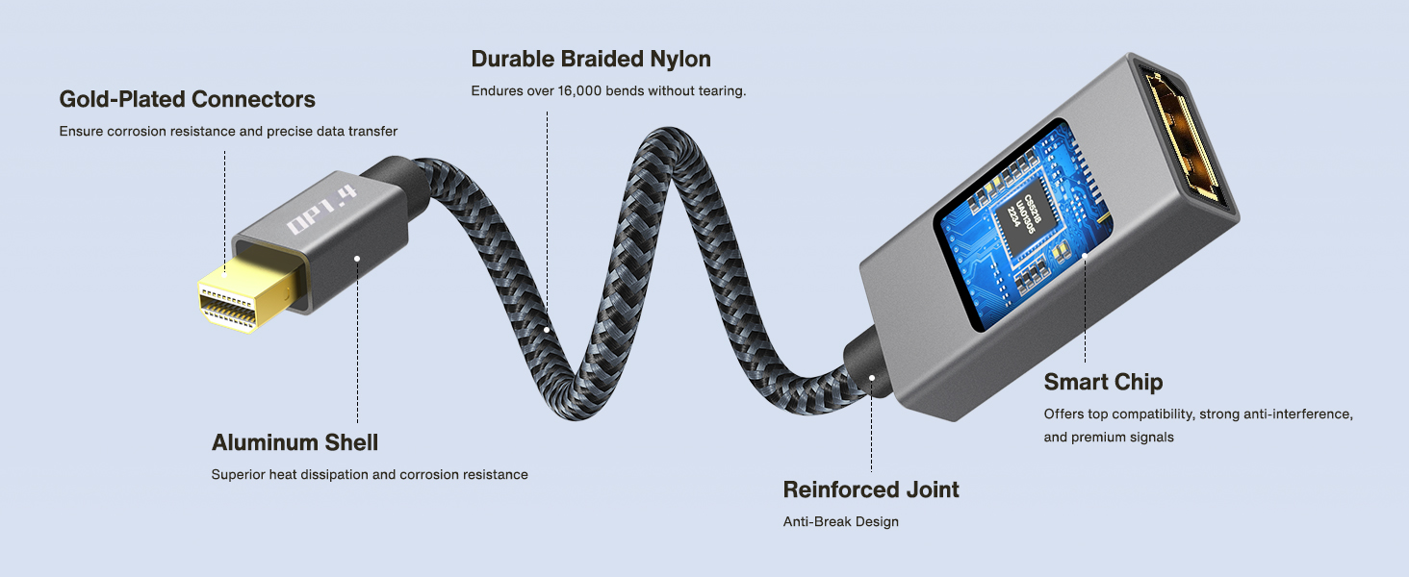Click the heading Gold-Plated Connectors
tap(187, 99)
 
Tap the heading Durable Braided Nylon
tap(591, 59)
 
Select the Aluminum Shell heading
tap(295, 442)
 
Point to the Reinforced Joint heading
tap(871, 489)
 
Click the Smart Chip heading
tap(1103, 382)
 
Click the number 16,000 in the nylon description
tap(579, 91)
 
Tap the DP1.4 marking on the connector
tap(320, 210)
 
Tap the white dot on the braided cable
tap(547, 330)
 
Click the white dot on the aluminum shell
tap(357, 259)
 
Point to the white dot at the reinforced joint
tap(872, 378)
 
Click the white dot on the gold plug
tap(224, 274)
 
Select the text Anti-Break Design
tap(840, 521)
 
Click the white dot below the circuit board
tap(1085, 256)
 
